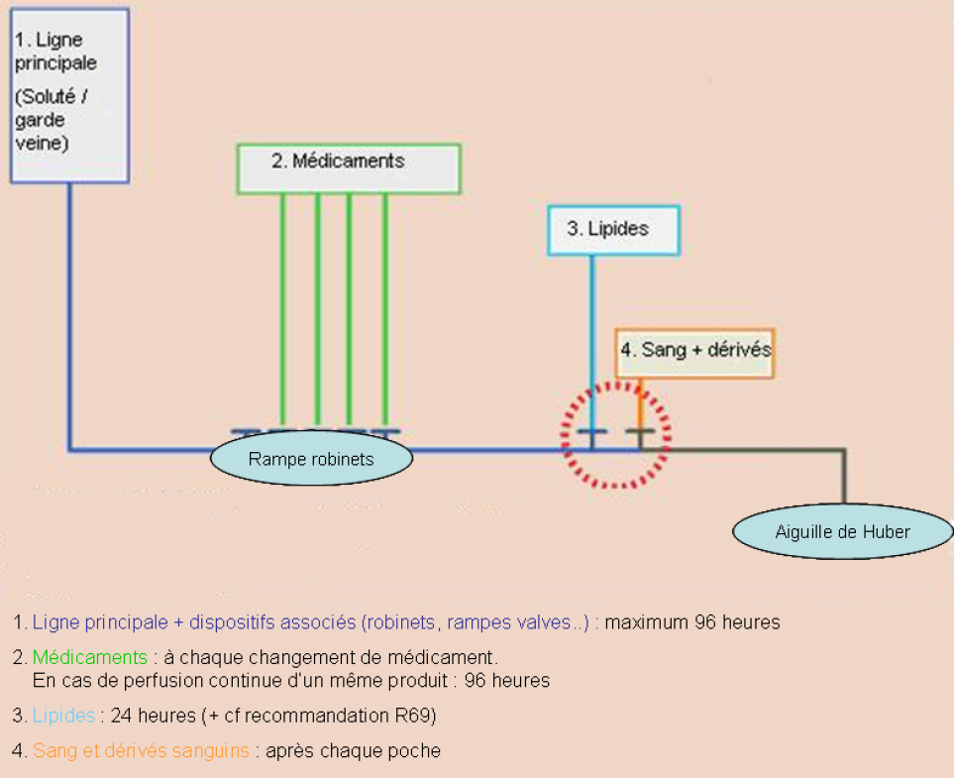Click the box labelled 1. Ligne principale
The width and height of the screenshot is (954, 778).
[69, 94]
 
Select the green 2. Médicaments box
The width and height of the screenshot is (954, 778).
[349, 168]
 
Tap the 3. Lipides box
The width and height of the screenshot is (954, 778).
[613, 230]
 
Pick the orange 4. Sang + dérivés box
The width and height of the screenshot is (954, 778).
[694, 353]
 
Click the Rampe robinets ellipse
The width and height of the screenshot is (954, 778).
[311, 460]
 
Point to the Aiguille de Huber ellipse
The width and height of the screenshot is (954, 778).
[842, 532]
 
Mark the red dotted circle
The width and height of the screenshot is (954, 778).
[616, 434]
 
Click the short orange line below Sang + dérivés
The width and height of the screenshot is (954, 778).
[641, 401]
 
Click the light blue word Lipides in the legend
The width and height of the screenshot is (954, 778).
[64, 715]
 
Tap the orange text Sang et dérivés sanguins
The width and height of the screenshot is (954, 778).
[141, 751]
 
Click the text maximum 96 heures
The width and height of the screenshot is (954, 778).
[692, 623]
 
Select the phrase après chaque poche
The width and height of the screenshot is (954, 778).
[351, 751]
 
